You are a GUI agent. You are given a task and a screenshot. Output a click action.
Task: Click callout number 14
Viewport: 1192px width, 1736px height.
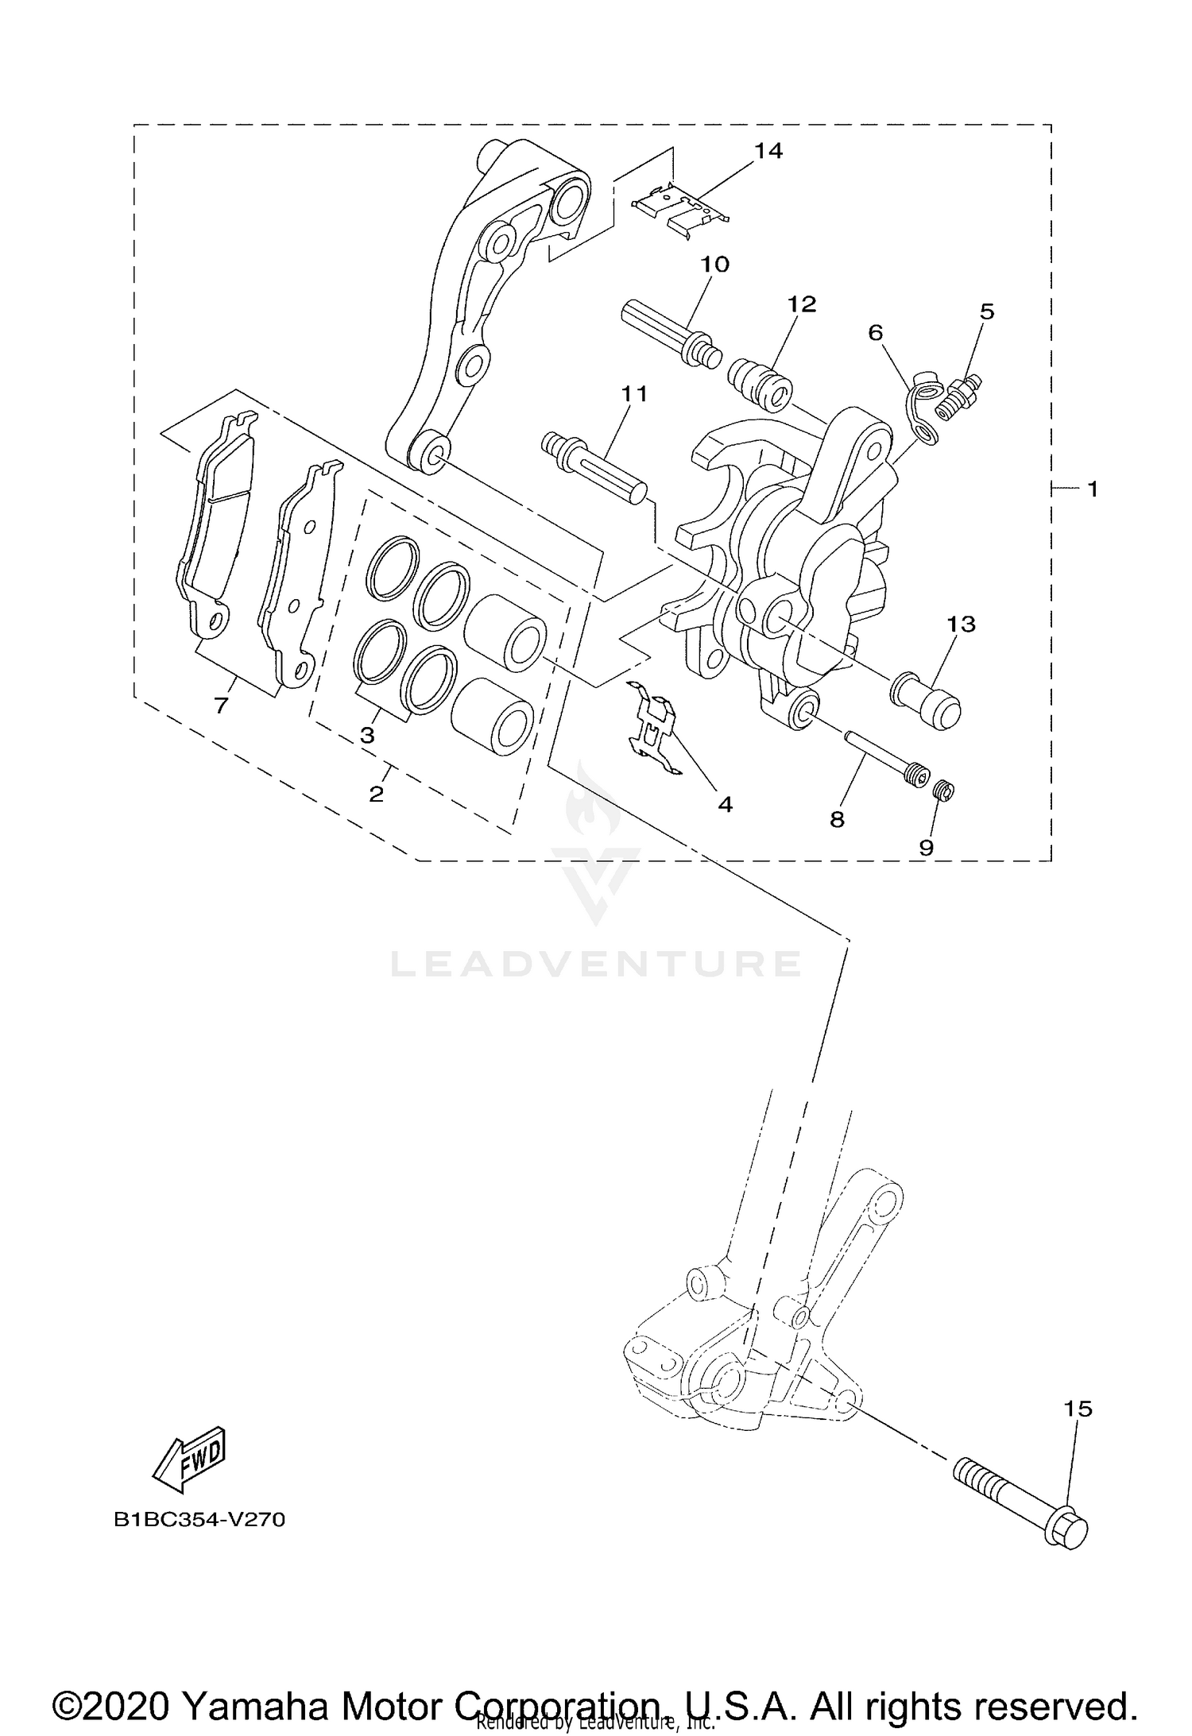(x=768, y=150)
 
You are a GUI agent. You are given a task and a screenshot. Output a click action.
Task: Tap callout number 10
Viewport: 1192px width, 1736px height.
(x=714, y=264)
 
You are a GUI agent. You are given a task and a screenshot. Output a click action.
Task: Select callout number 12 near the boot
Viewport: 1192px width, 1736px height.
(x=802, y=304)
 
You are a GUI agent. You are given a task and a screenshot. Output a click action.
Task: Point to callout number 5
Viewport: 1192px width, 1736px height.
(x=986, y=311)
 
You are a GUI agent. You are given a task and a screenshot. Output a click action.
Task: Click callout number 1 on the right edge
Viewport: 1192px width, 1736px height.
(x=1092, y=489)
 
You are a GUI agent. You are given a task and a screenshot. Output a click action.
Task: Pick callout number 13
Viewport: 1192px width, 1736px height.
(x=961, y=624)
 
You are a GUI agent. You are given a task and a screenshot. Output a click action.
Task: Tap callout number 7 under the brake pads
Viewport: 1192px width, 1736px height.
(x=221, y=704)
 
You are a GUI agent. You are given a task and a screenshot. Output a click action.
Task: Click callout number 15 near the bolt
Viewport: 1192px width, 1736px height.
(x=1078, y=1409)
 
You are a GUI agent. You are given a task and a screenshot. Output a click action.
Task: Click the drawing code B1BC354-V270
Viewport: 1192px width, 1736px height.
(x=199, y=1520)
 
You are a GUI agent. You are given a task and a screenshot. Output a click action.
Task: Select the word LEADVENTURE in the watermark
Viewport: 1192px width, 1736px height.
(x=595, y=964)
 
